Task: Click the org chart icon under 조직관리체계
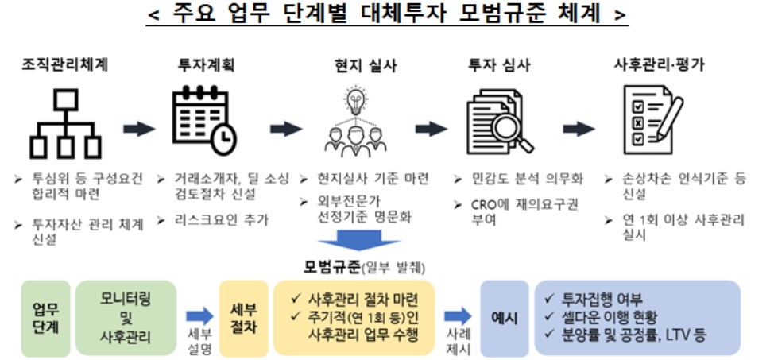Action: tap(64, 122)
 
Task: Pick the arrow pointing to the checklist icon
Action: tap(579, 129)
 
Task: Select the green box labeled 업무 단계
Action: tap(45, 317)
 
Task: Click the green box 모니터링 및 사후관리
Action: tap(126, 317)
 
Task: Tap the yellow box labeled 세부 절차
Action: tap(238, 317)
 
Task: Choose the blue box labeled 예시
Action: tap(505, 318)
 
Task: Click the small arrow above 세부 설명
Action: tap(199, 316)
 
